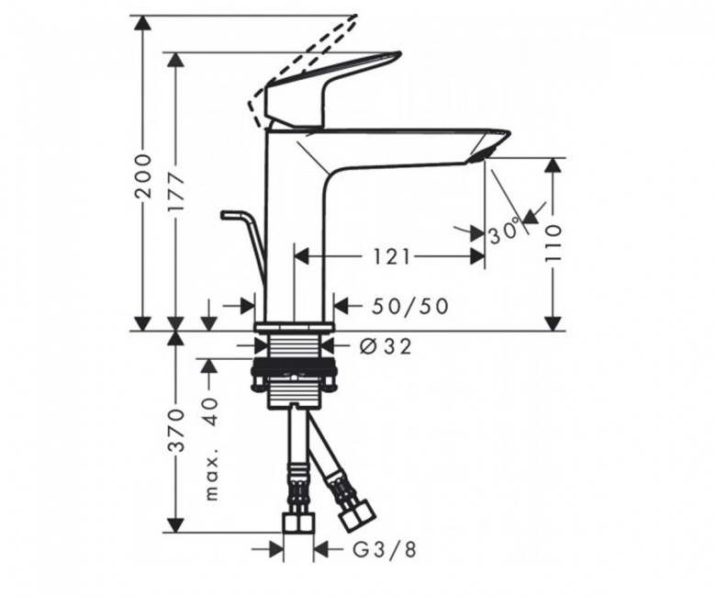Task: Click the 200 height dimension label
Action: pos(144,175)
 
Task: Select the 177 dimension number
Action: pos(177,192)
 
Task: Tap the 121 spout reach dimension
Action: pos(392,256)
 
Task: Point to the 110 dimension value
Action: pos(553,243)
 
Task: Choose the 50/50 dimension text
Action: pos(409,306)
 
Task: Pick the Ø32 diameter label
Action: pos(386,346)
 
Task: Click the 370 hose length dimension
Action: pos(177,430)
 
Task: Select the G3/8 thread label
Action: pos(385,549)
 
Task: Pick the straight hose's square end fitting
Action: pos(298,522)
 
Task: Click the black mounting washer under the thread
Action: pos(296,366)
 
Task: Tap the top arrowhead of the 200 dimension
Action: pos(144,23)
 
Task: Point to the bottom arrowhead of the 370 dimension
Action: pos(176,524)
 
